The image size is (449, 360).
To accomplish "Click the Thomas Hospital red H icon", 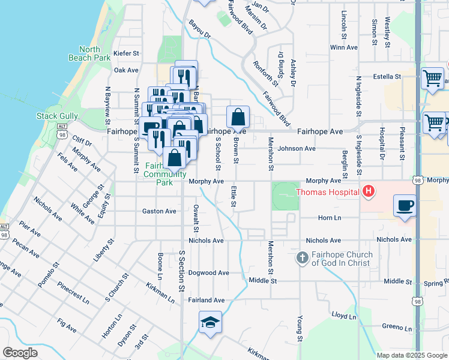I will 369,192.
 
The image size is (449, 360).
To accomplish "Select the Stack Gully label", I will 56,116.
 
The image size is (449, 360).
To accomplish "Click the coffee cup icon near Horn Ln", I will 405,206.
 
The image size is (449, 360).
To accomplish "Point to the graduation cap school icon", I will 210,323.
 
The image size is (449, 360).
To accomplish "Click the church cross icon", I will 303,259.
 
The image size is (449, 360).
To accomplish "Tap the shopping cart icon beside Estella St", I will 432,78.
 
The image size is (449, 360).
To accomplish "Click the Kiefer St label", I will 126,53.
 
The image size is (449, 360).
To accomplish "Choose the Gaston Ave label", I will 159,211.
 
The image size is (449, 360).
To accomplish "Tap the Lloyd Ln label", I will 344,314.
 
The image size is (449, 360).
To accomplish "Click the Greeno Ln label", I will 397,329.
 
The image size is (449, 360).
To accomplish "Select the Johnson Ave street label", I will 297,148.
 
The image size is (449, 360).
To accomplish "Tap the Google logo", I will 20,353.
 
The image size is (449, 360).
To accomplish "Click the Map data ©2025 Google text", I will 411,355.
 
